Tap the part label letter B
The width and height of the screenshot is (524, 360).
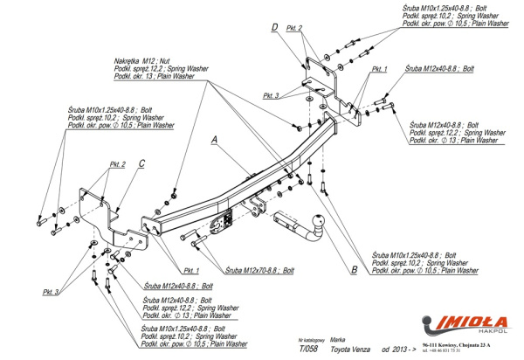[x=353, y=269]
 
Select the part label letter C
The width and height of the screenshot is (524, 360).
[x=141, y=163]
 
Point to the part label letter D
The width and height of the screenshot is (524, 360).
[x=274, y=27]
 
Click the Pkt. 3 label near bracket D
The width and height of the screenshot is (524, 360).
[x=271, y=94]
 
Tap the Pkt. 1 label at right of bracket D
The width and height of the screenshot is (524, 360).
[x=378, y=67]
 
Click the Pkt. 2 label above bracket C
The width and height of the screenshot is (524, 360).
[x=118, y=164]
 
